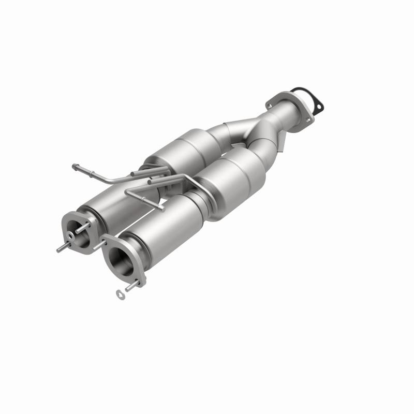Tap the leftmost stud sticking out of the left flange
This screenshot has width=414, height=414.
(61, 249)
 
